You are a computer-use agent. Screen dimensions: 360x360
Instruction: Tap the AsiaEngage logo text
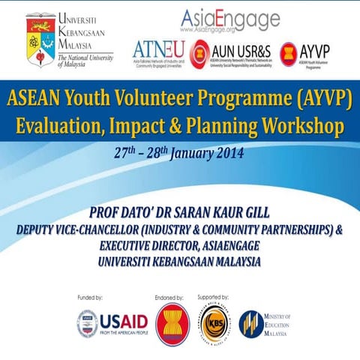230,17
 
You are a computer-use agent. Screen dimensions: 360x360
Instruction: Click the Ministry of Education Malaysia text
280,323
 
